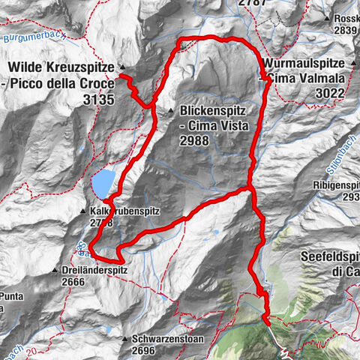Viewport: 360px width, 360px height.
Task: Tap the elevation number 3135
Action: click(98, 98)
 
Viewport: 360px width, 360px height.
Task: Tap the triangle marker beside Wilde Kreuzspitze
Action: click(122, 67)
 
